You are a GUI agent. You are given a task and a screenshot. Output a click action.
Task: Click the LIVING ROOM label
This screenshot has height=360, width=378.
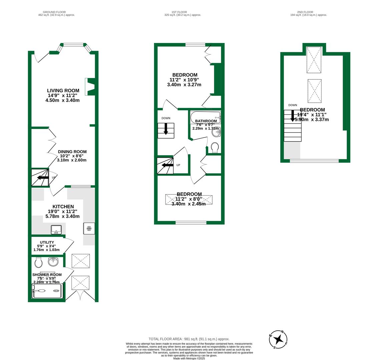pyautogui.click(x=63, y=90)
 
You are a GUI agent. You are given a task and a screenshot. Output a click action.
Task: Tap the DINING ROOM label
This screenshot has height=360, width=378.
pyautogui.click(x=72, y=152)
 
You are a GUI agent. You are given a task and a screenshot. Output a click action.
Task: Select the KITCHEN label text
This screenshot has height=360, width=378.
pyautogui.click(x=63, y=207)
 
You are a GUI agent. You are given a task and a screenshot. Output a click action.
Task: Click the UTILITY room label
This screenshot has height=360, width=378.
pyautogui.click(x=47, y=242)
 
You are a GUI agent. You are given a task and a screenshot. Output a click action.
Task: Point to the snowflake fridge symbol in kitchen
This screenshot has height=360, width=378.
pyautogui.click(x=89, y=228)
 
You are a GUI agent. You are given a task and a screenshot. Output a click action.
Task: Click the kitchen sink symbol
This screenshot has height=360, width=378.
pyautogui.click(x=56, y=229)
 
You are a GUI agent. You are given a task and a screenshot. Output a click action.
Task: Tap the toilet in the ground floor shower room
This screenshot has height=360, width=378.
pyautogui.click(x=38, y=263)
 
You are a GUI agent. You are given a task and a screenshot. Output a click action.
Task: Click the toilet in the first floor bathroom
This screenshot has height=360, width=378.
pyautogui.click(x=215, y=147)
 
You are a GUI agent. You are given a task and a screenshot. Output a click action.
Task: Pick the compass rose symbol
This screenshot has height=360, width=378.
pyautogui.click(x=278, y=340)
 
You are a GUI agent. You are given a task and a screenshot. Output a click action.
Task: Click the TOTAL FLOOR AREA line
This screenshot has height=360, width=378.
pyautogui.click(x=189, y=339)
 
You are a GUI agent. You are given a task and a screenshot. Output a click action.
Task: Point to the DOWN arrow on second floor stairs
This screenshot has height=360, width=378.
pyautogui.click(x=293, y=116)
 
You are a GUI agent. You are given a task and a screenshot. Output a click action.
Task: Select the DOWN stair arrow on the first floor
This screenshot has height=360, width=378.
pyautogui.click(x=166, y=129)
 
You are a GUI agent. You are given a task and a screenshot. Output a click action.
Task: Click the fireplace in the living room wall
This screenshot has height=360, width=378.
pyautogui.click(x=89, y=87)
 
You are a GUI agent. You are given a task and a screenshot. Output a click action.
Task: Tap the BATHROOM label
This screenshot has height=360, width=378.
pyautogui.click(x=206, y=121)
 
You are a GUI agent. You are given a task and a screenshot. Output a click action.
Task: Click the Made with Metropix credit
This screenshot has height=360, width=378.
pyautogui.click(x=189, y=358)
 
